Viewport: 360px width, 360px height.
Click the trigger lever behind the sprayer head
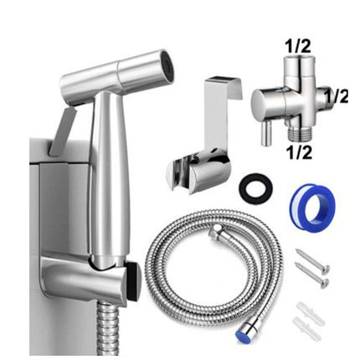tap(63, 130)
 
